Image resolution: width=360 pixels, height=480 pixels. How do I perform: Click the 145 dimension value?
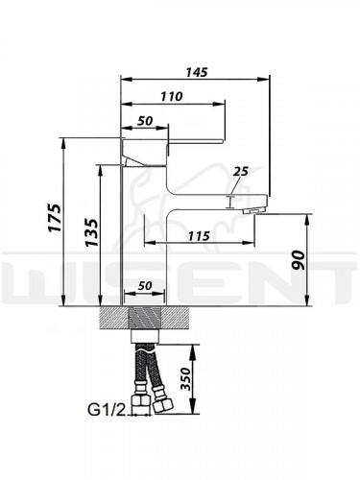pos(197,72)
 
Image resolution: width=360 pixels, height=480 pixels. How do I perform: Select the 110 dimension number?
pos(172,96)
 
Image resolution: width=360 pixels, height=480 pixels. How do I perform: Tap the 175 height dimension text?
pos(55,217)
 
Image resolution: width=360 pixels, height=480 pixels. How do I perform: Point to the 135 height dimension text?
pos(91,232)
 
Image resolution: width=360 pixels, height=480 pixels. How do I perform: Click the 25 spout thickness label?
pos(241,171)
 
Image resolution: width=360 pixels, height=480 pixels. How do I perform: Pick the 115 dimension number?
pos(199,236)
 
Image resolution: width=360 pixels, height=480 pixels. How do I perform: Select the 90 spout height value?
pos(299,260)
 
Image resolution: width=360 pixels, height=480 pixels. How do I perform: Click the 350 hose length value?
pos(185,378)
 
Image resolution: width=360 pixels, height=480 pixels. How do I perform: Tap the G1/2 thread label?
pos(106,410)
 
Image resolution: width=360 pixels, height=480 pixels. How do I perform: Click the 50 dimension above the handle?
pos(145,121)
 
